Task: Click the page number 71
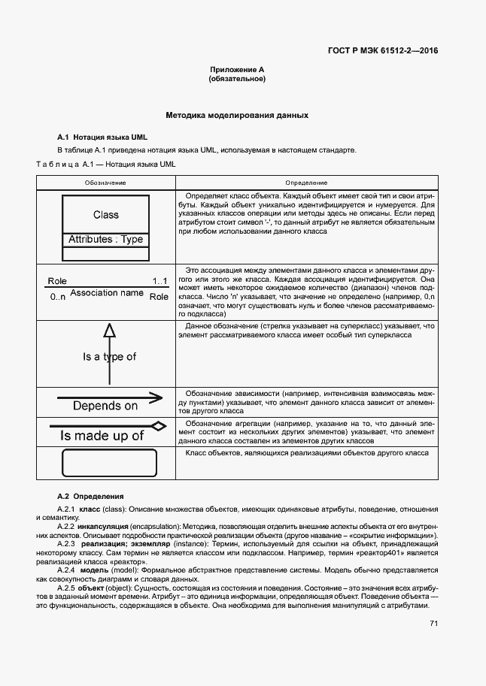[x=433, y=623]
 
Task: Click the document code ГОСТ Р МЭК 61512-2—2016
[x=383, y=52]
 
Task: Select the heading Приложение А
[x=237, y=70]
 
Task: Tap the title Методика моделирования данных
[x=237, y=116]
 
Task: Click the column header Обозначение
[x=105, y=183]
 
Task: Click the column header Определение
[x=305, y=183]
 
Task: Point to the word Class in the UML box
[x=106, y=215]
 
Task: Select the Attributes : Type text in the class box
[x=106, y=240]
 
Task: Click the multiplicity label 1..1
[x=160, y=281]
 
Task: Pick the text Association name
[x=106, y=293]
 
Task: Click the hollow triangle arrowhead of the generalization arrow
[x=109, y=330]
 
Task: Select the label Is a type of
[x=109, y=357]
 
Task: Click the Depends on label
[x=105, y=406]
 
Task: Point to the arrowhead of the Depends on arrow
[x=156, y=397]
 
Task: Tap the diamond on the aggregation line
[x=158, y=426]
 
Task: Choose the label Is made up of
[x=102, y=436]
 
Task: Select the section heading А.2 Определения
[x=90, y=496]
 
